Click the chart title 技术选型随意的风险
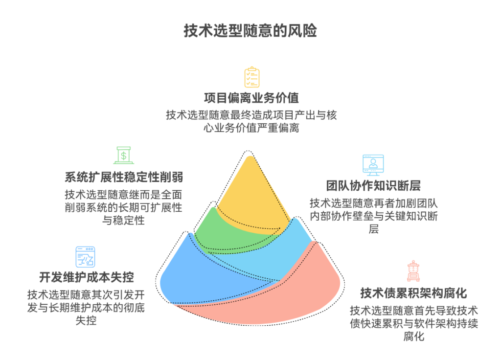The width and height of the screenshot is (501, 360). click(250, 31)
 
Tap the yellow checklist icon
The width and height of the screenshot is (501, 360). click(251, 77)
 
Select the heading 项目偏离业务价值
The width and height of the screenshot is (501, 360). click(251, 97)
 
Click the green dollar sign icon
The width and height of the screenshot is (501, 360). click(124, 155)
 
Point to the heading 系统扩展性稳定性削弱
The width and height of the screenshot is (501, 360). click(124, 177)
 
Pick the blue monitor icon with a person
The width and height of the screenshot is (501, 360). click(373, 165)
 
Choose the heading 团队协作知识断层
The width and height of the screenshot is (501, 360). click(373, 186)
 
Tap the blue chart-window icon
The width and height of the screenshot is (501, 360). click(85, 256)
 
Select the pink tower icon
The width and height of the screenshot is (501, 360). click(413, 271)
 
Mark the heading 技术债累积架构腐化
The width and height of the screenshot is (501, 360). click(413, 293)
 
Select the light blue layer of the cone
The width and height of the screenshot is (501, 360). click(289, 249)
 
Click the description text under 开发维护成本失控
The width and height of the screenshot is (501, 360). click(87, 308)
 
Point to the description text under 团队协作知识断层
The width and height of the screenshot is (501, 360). click(373, 216)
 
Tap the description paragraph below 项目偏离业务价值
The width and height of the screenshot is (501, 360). click(251, 122)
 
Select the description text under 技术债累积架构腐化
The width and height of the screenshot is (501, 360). click(413, 323)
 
